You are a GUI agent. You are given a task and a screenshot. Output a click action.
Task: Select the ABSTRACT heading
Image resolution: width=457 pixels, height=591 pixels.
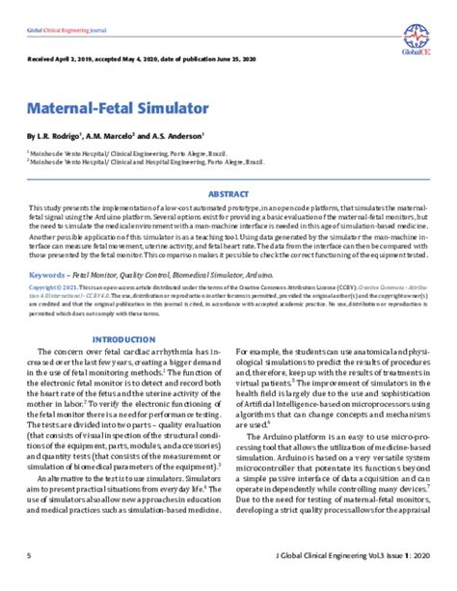click(228, 193)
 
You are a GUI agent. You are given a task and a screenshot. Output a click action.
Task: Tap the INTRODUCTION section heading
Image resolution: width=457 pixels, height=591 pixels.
click(122, 340)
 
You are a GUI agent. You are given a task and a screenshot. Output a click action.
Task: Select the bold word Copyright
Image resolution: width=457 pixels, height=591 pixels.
click(43, 286)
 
